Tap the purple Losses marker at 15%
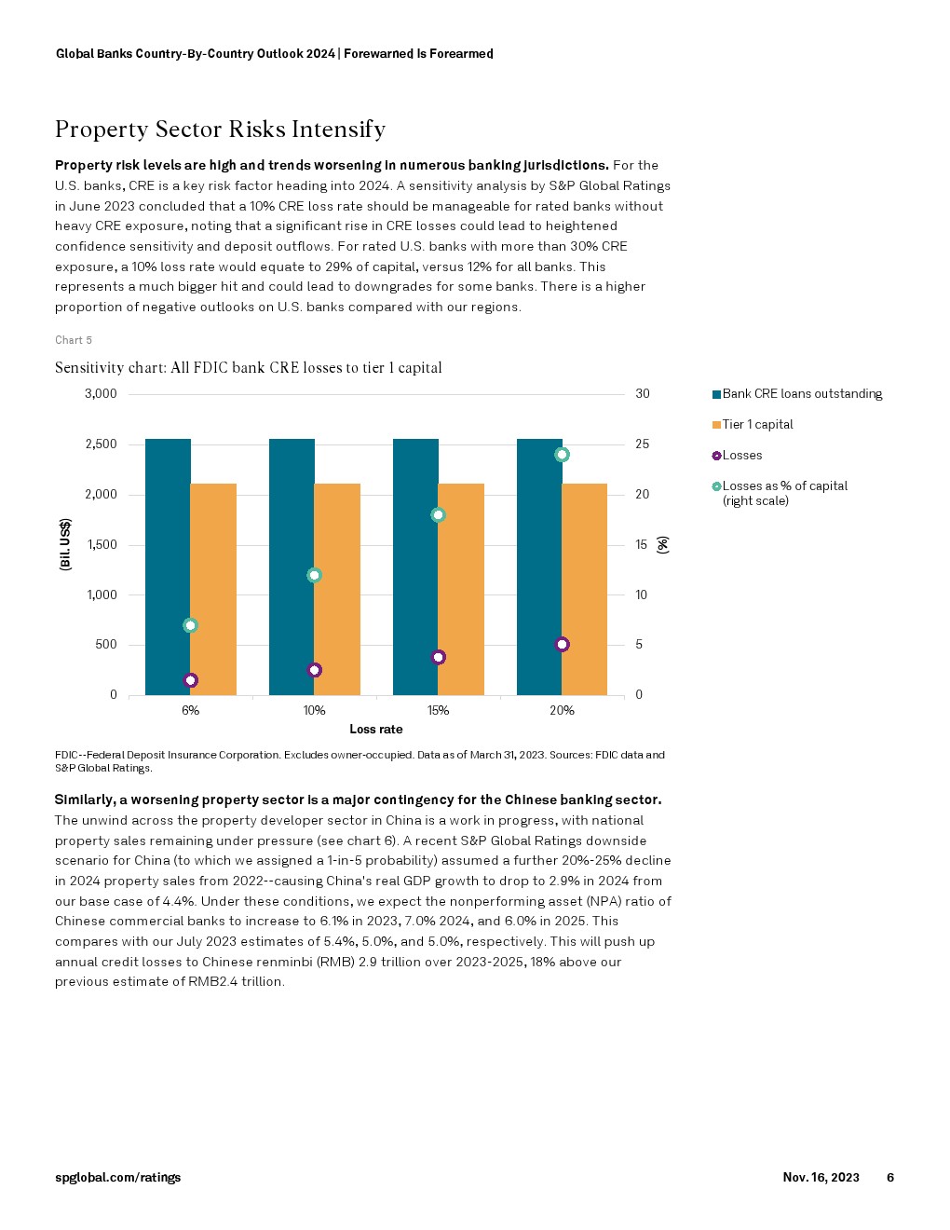(439, 657)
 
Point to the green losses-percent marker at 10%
(315, 575)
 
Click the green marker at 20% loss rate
(562, 455)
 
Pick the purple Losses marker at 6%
(191, 680)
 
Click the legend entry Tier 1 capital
(757, 425)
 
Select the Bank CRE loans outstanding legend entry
(801, 394)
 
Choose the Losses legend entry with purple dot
(741, 456)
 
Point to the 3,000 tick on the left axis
(101, 394)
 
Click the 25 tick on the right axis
(643, 444)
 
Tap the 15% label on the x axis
(438, 710)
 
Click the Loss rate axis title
(376, 729)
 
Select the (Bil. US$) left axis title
(65, 544)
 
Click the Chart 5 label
(74, 340)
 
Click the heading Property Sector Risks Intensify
(220, 130)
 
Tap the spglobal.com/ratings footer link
(117, 1177)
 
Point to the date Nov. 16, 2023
(821, 1177)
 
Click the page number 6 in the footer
(889, 1177)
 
